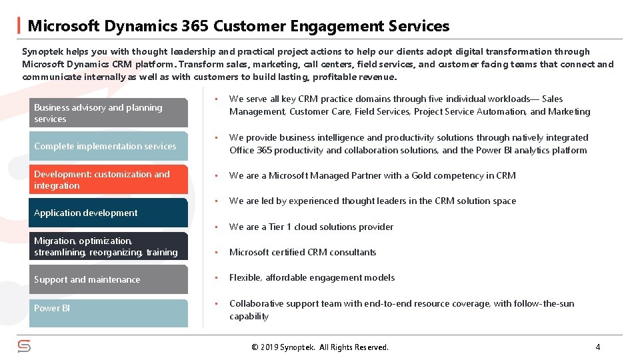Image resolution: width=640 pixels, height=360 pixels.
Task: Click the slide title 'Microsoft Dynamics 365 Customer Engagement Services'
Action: coord(238,26)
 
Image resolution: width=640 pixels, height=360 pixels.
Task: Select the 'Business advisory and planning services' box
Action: coord(109,113)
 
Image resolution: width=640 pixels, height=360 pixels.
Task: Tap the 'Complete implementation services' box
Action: coord(109,146)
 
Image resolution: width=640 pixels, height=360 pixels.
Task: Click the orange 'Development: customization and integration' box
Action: coord(109,180)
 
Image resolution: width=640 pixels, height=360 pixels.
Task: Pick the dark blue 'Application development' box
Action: coord(109,213)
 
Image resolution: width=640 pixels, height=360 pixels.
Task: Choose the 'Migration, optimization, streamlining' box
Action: coord(109,246)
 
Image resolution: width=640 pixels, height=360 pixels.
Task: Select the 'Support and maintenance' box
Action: coord(109,279)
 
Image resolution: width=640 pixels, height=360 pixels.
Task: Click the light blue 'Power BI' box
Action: coord(109,313)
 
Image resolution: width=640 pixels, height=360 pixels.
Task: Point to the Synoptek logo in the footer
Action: coord(24,346)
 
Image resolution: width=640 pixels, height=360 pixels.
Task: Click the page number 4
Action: coord(597,347)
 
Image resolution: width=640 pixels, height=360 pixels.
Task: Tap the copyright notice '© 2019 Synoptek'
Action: coord(319,347)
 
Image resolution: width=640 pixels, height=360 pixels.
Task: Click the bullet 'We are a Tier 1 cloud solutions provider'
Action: coord(311,227)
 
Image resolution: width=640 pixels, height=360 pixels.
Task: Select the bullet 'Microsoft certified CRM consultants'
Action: coord(303,252)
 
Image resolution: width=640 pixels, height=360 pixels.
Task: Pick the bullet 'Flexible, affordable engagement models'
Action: coord(311,277)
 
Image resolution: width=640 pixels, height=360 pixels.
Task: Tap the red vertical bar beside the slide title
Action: coord(18,26)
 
